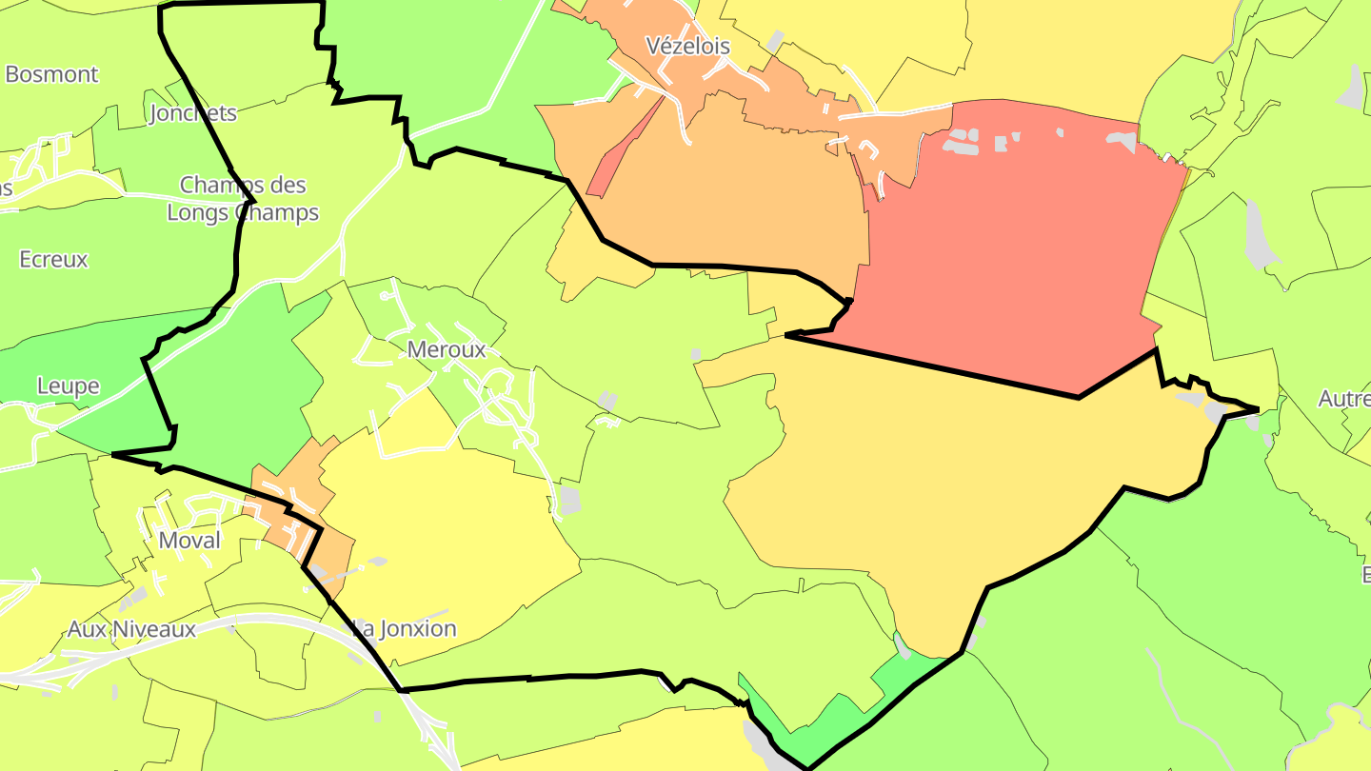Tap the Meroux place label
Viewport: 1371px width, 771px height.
pos(447,349)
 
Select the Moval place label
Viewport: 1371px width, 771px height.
pos(189,541)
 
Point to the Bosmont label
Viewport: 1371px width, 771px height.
pos(52,74)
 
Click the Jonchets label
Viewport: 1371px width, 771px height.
pos(193,113)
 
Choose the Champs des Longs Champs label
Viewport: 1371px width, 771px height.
pos(243,198)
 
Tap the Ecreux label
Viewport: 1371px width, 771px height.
pos(53,259)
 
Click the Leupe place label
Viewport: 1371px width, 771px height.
pos(69,385)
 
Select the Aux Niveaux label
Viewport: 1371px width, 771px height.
pos(131,629)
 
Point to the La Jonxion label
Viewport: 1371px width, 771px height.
pos(406,628)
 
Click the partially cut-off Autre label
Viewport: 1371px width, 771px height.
pos(1344,399)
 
